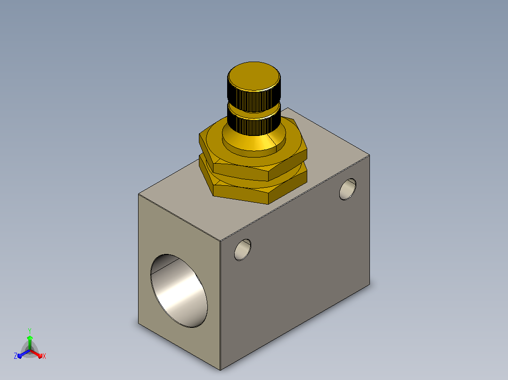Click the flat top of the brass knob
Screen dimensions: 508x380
254,76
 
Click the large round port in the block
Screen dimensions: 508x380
179,291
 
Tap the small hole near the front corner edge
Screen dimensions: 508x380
243,250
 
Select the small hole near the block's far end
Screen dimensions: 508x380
348,189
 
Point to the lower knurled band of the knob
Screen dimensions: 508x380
254,125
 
